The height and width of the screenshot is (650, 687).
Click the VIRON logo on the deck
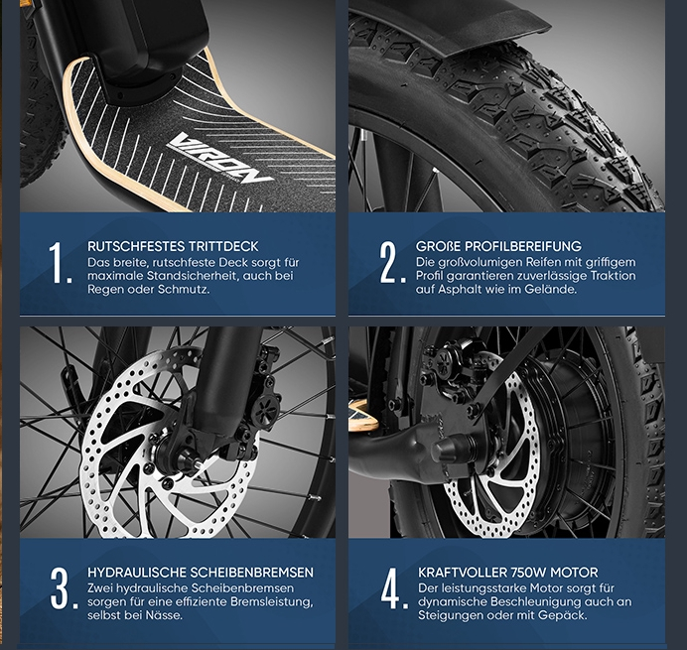(218, 158)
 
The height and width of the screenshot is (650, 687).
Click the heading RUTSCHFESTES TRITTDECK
(173, 246)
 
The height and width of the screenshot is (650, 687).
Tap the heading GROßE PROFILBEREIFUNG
(498, 246)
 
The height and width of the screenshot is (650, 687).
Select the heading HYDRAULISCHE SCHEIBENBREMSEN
(201, 573)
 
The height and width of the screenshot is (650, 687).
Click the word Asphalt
(457, 290)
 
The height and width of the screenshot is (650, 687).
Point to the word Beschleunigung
(536, 601)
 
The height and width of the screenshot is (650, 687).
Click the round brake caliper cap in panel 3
(265, 411)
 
